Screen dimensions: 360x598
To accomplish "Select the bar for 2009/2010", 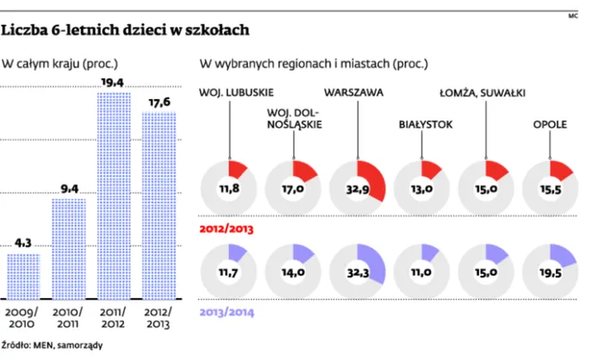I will [x=24, y=276].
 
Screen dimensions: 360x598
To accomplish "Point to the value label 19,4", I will [x=112, y=82].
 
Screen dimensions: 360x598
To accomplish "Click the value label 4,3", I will [x=24, y=242].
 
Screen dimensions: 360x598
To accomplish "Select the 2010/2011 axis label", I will [x=69, y=317].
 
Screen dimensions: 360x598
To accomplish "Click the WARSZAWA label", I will [x=353, y=91].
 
